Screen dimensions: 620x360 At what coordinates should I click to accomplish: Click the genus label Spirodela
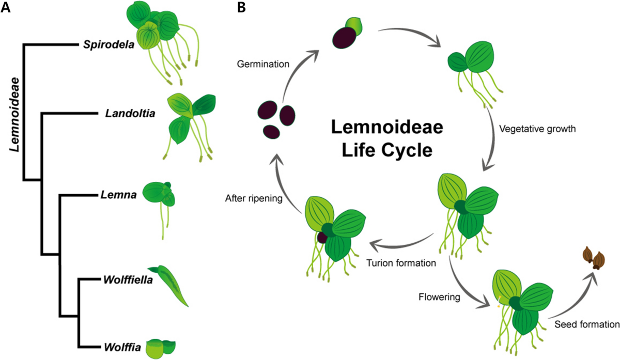[x=109, y=44]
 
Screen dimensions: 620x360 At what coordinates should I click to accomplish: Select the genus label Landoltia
[x=130, y=114]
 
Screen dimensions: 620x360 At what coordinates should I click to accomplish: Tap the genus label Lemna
[x=119, y=195]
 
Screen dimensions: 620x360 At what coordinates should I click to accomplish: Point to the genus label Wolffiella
[x=128, y=280]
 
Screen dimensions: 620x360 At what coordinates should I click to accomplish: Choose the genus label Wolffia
[x=122, y=347]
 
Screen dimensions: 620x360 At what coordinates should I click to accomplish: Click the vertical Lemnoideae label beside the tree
[x=14, y=114]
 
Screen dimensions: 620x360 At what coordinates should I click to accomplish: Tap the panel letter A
[x=6, y=8]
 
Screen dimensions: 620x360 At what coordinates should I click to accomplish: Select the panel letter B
[x=241, y=8]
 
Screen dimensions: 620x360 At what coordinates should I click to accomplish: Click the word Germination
[x=263, y=64]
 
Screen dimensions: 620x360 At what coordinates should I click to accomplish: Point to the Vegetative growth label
[x=537, y=129]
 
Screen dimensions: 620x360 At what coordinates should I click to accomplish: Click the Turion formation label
[x=401, y=263]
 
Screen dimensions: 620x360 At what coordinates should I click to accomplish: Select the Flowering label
[x=439, y=297]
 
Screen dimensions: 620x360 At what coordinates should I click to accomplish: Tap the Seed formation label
[x=587, y=324]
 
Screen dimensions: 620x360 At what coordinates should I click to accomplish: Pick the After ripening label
[x=254, y=198]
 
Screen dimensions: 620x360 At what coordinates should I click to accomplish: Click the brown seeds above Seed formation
[x=594, y=258]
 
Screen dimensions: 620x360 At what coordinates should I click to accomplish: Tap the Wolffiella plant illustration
[x=168, y=286]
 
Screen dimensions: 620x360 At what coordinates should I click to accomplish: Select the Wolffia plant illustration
[x=161, y=349]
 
